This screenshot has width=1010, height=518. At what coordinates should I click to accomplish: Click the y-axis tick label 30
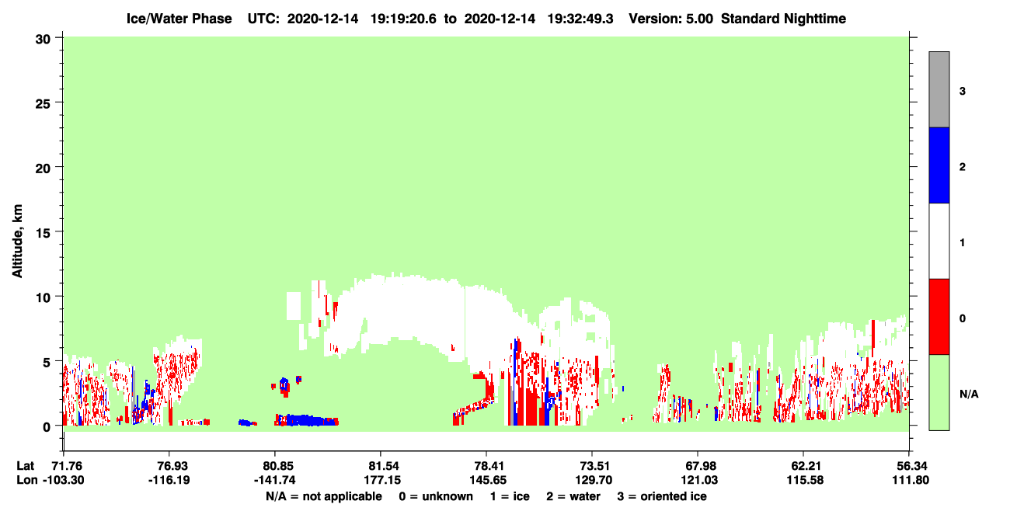pyautogui.click(x=43, y=40)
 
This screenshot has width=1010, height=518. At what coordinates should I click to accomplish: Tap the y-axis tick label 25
pyautogui.click(x=43, y=104)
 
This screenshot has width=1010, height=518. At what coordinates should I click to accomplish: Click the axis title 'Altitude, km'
pyautogui.click(x=17, y=241)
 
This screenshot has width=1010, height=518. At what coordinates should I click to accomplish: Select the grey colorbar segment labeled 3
pyautogui.click(x=939, y=89)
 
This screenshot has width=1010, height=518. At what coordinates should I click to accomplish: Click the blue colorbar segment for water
pyautogui.click(x=939, y=165)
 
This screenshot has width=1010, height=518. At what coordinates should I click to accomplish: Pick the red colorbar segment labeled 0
pyautogui.click(x=939, y=317)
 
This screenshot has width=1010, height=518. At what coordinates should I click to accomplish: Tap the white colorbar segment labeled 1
pyautogui.click(x=939, y=242)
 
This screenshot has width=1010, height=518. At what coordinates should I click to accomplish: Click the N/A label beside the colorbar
pyautogui.click(x=969, y=395)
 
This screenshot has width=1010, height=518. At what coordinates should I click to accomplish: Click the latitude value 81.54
pyautogui.click(x=382, y=466)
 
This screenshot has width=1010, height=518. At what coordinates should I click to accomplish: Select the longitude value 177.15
pyautogui.click(x=382, y=480)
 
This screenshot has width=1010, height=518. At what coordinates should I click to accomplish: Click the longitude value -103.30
pyautogui.click(x=64, y=480)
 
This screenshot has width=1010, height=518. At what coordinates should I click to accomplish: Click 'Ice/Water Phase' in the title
pyautogui.click(x=179, y=19)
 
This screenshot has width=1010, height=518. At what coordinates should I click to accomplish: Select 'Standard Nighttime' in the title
pyautogui.click(x=783, y=19)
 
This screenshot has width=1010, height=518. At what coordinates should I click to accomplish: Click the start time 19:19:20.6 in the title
pyautogui.click(x=403, y=19)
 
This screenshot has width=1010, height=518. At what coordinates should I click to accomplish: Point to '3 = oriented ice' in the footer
pyautogui.click(x=662, y=496)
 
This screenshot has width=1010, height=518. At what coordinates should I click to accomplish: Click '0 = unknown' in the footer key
pyautogui.click(x=436, y=496)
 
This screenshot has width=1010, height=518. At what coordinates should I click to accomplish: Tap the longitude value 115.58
pyautogui.click(x=805, y=480)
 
